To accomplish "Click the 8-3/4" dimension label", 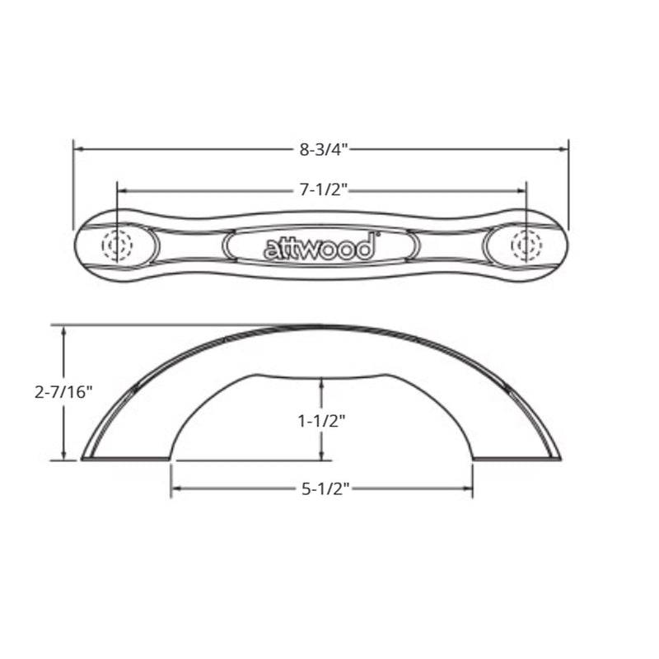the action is (x=324, y=150).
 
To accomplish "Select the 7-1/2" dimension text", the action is (x=324, y=190).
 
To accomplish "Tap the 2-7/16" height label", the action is (x=63, y=392).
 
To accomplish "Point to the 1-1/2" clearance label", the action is (x=321, y=421).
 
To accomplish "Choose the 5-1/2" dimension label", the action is (x=325, y=488).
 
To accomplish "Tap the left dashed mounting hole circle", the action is (x=117, y=245).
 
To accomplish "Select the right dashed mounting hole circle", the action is (x=526, y=245).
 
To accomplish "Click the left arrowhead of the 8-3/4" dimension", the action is (x=77, y=149).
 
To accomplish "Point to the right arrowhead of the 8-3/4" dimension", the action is (x=564, y=149).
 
